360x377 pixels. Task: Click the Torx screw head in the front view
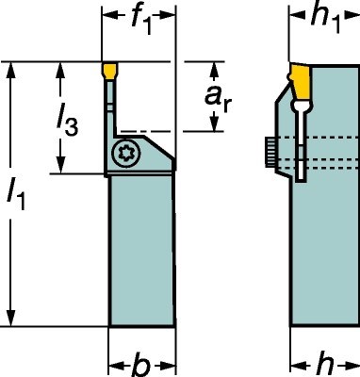click(x=124, y=154)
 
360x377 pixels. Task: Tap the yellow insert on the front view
click(x=108, y=71)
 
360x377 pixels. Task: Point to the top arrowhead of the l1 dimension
click(x=11, y=69)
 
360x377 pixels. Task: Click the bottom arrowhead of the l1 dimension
click(x=11, y=322)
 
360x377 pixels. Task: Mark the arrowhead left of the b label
click(x=115, y=364)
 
